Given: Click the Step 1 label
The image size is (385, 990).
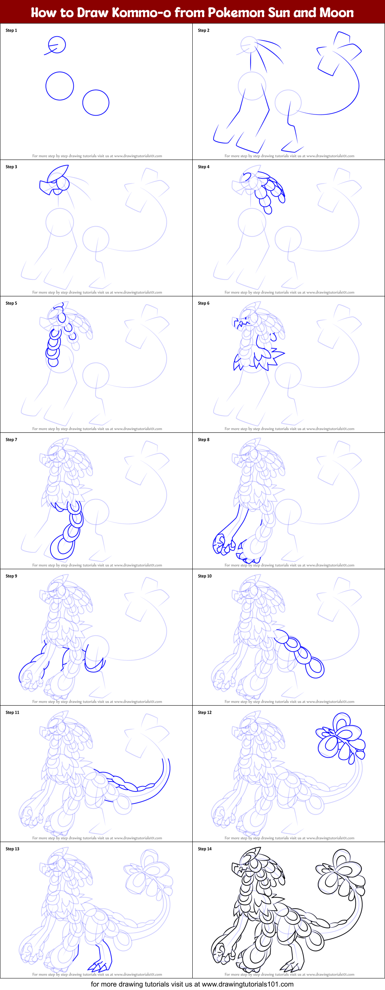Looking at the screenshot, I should click(x=11, y=30).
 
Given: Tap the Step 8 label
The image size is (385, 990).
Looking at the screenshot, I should click(x=203, y=440).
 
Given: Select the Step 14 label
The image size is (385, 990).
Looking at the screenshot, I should click(x=205, y=849).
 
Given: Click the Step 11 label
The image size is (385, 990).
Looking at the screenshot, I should click(x=12, y=713).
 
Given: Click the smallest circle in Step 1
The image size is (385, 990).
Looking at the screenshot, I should click(x=57, y=45).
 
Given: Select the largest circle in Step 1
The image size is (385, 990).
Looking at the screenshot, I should click(x=60, y=86).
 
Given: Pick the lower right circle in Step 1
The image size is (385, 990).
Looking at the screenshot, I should click(x=96, y=103).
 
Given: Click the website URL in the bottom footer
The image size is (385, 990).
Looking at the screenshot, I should click(x=247, y=984).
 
